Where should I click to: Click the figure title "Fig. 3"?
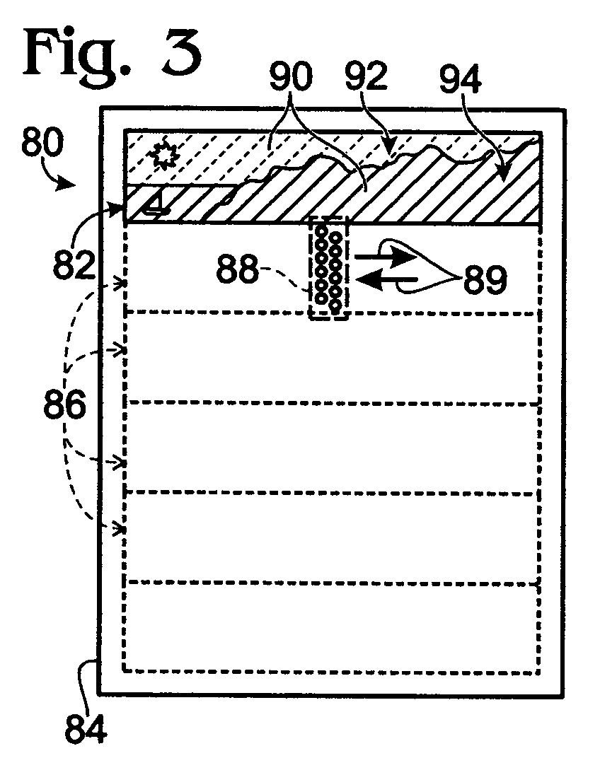112,53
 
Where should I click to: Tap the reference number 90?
291,77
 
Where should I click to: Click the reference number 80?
43,142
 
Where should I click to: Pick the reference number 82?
74,264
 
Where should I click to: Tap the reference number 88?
238,269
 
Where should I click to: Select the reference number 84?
86,730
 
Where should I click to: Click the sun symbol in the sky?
163,155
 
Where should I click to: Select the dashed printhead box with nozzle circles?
328,268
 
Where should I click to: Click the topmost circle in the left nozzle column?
321,231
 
